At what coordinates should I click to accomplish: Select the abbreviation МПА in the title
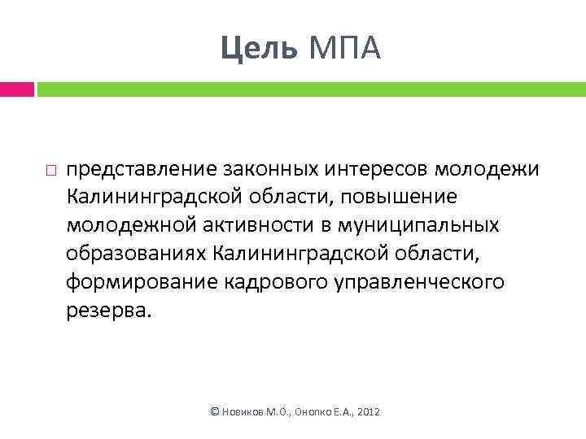[x=342, y=49]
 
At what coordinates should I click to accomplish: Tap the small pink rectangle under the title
[x=16, y=89]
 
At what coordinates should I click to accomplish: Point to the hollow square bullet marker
[x=50, y=170]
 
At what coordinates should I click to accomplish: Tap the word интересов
[x=367, y=168]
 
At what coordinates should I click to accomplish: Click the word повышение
[x=400, y=197]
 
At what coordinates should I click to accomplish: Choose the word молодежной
[x=125, y=225]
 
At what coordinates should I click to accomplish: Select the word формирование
[x=133, y=282]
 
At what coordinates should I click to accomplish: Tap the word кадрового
[x=260, y=282]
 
